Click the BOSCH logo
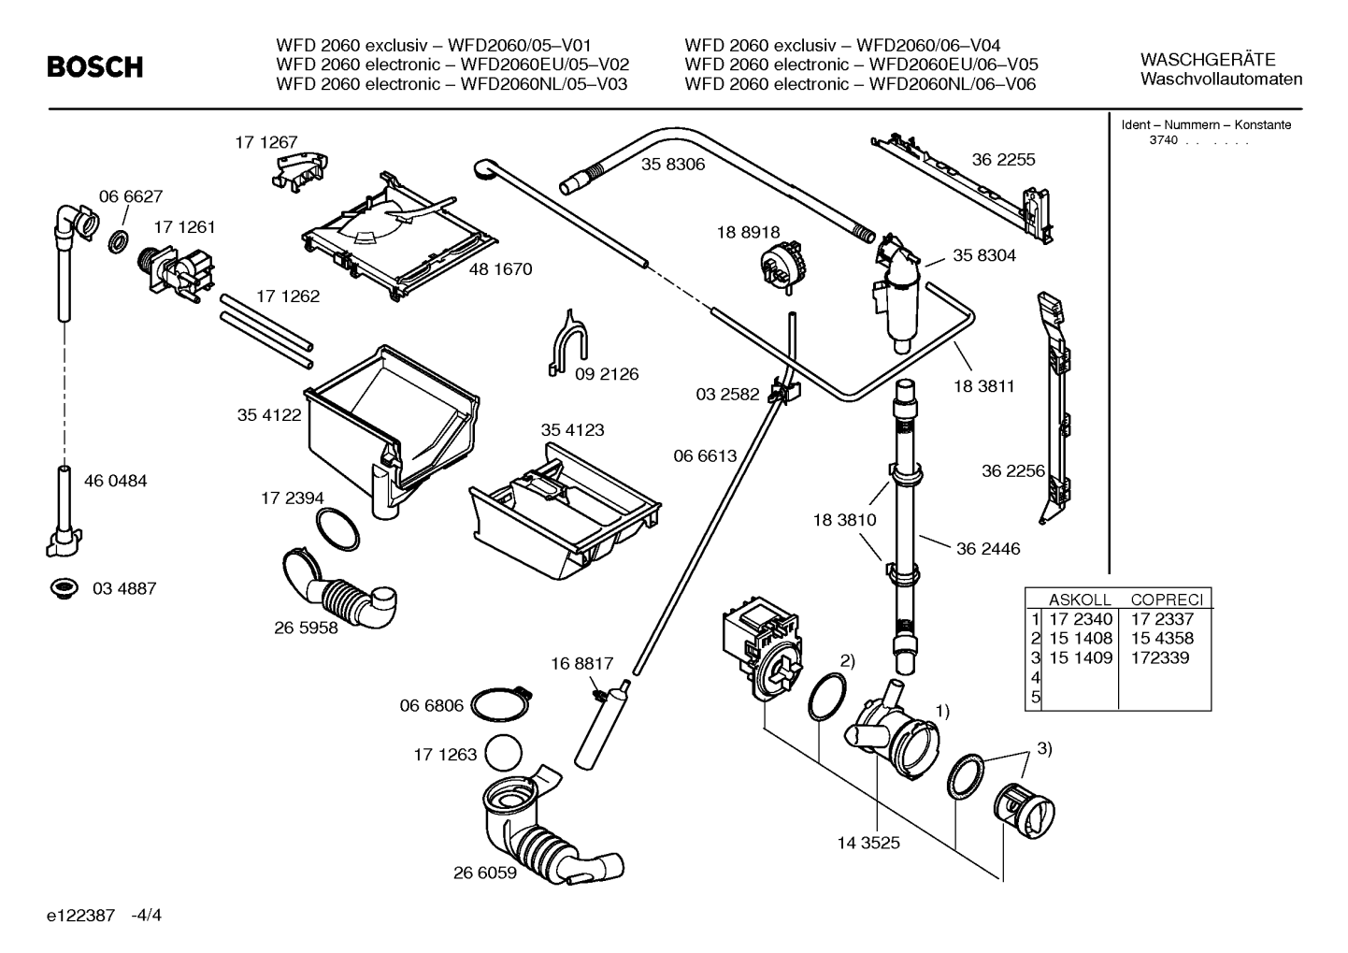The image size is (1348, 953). pyautogui.click(x=95, y=67)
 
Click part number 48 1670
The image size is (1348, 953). pyautogui.click(x=500, y=269)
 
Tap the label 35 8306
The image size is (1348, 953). pyautogui.click(x=672, y=165)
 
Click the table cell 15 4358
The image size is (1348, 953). pyautogui.click(x=1161, y=638)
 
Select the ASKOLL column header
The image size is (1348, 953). pyautogui.click(x=1079, y=599)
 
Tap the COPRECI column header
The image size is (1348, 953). pyautogui.click(x=1166, y=599)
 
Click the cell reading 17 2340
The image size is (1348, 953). pyautogui.click(x=1081, y=619)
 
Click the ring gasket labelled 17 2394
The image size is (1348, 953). pyautogui.click(x=337, y=530)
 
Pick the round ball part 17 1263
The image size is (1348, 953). pyautogui.click(x=508, y=753)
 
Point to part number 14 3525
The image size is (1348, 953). pyautogui.click(x=868, y=843)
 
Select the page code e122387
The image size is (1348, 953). pyautogui.click(x=80, y=915)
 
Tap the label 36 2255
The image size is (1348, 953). pyautogui.click(x=1003, y=160)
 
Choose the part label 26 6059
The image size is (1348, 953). pyautogui.click(x=485, y=873)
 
